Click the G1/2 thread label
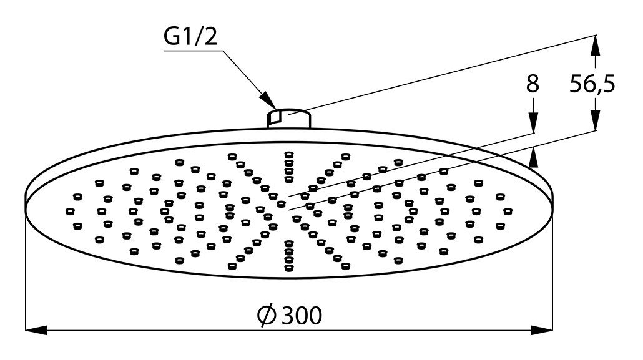click(x=190, y=36)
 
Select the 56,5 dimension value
click(x=592, y=85)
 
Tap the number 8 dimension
click(x=533, y=84)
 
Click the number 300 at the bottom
click(x=302, y=315)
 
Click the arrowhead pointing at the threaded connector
click(x=268, y=100)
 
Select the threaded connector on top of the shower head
click(x=289, y=119)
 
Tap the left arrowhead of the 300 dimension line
click(x=36, y=329)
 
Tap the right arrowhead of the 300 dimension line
click(x=542, y=329)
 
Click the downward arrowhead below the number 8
click(x=533, y=122)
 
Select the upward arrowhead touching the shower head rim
click(x=533, y=158)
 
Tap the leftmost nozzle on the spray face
click(x=70, y=212)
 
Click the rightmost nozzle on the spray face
click(x=508, y=212)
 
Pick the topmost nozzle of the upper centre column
click(x=289, y=155)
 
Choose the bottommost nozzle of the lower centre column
click(x=289, y=268)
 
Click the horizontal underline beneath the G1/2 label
click(x=194, y=51)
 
